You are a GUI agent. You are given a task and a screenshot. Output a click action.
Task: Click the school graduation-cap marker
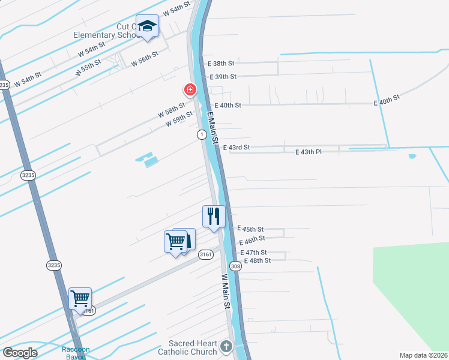click(x=147, y=26)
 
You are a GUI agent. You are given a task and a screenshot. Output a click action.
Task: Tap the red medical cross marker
click(x=190, y=90)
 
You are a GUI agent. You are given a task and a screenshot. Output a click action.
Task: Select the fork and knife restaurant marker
click(x=214, y=216)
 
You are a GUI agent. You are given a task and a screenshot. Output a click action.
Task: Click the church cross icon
click(x=226, y=346)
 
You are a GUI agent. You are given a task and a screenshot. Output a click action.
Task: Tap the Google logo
click(x=20, y=353)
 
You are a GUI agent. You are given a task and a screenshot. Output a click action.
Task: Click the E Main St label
click(x=211, y=125)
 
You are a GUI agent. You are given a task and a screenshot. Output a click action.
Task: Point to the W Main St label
click(x=226, y=292)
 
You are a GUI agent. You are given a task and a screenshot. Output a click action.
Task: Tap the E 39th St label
click(x=223, y=76)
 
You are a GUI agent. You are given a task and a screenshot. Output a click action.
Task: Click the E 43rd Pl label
click(x=309, y=152)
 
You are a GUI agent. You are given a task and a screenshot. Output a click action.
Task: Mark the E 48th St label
click(x=257, y=260)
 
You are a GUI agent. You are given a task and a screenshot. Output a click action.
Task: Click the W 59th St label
click(x=179, y=118)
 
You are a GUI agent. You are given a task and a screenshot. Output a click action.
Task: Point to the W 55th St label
click(x=88, y=67)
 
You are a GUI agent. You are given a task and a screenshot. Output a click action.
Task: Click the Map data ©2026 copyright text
click(x=423, y=355)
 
